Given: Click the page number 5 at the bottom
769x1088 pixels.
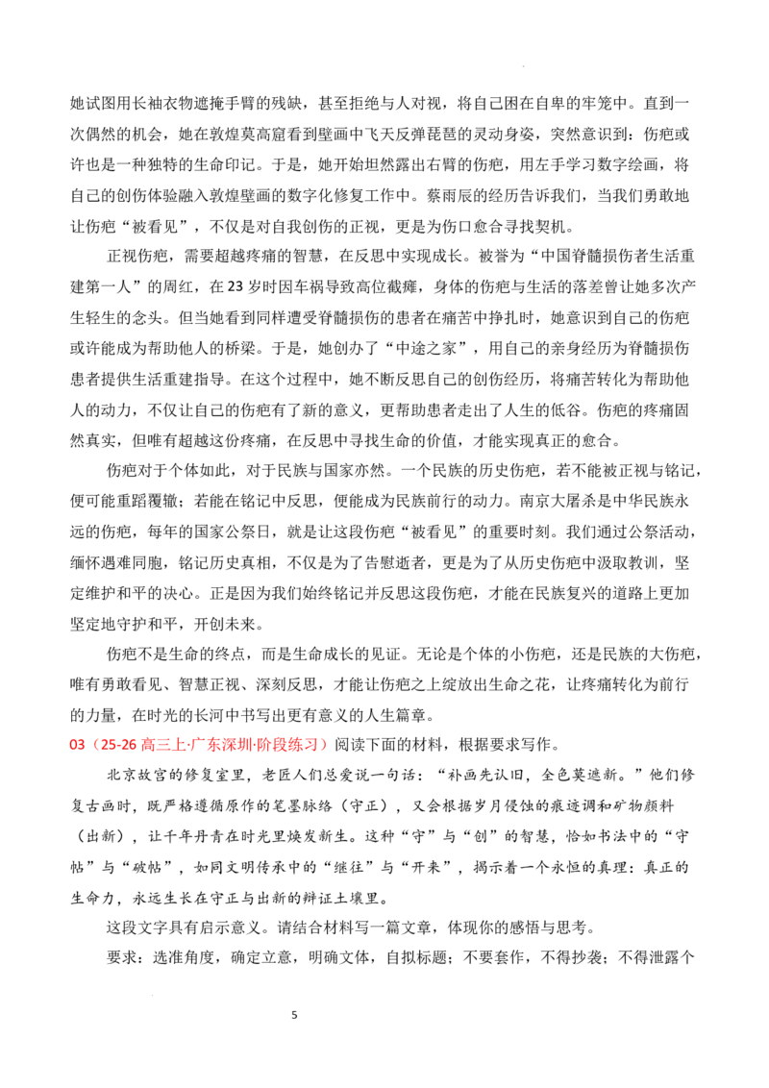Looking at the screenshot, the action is pos(294,1015).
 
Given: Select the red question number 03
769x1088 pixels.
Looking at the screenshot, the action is pos(77,745).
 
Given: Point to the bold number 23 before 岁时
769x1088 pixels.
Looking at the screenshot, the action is pos(236,286).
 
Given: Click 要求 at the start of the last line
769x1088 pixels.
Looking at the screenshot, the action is pos(121,958).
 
